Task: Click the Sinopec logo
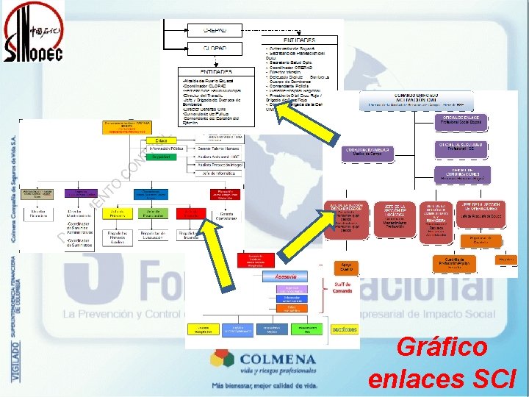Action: pos(33,33)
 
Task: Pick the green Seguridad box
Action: pos(161,157)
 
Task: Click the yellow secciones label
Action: pos(344,329)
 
